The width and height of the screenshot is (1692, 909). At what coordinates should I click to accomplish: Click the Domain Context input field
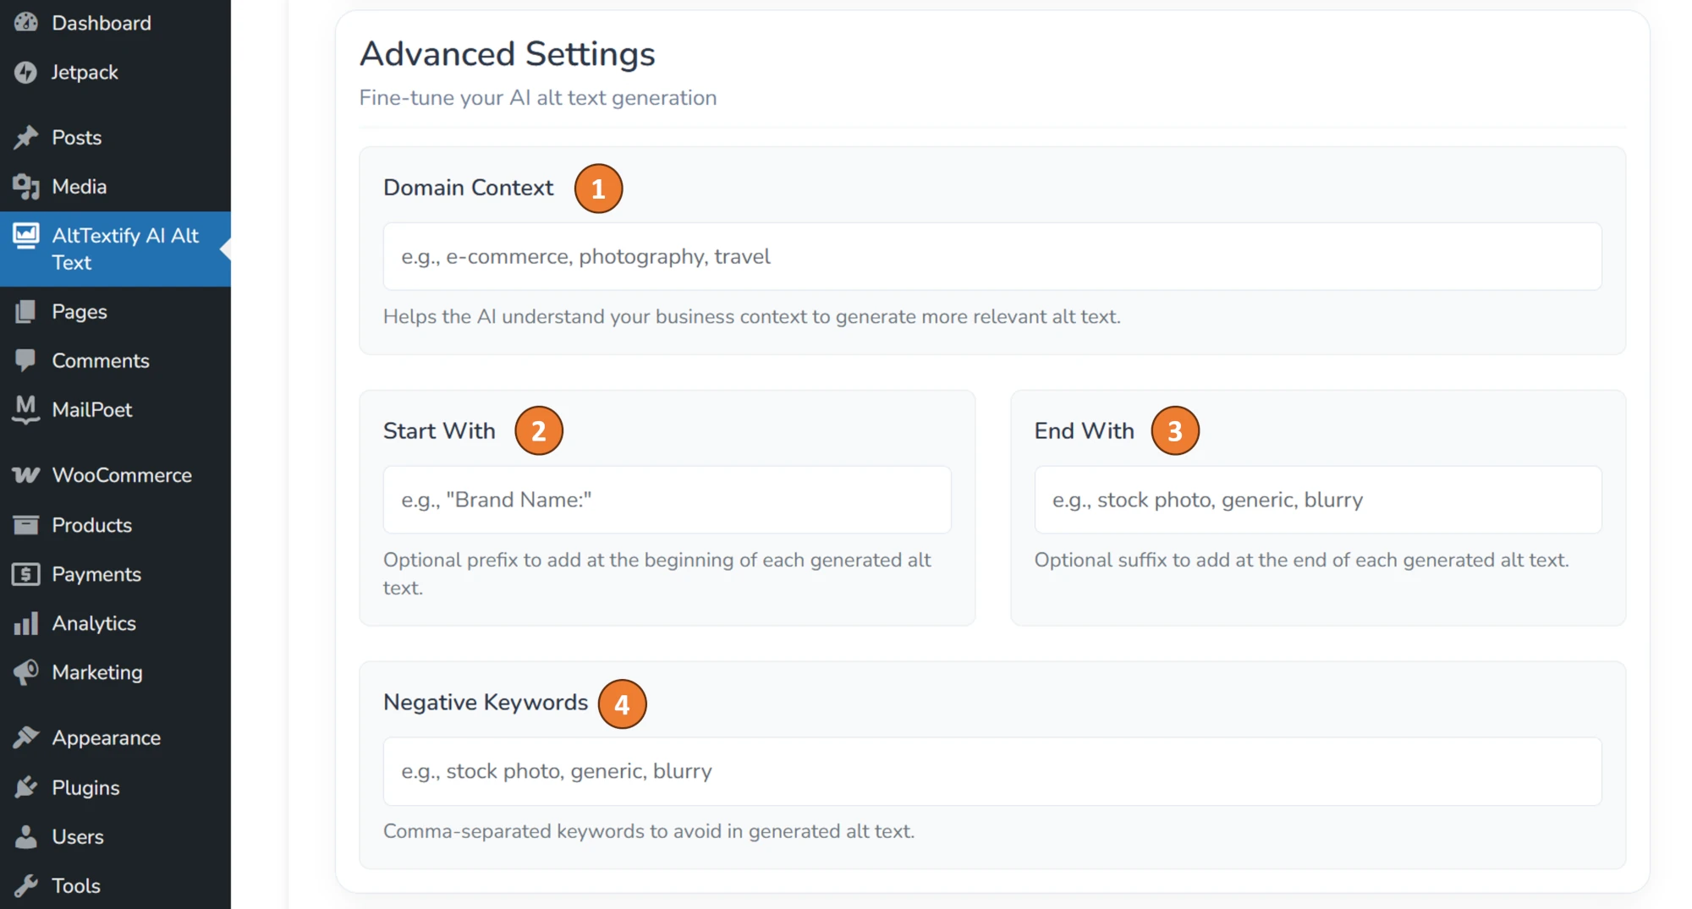[992, 256]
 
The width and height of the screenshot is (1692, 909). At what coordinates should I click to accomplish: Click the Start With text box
[667, 500]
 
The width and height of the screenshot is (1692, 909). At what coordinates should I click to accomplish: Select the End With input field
[1317, 500]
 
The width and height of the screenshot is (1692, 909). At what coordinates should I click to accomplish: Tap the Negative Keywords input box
[992, 771]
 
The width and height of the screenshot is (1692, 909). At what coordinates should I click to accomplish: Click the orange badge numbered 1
[598, 189]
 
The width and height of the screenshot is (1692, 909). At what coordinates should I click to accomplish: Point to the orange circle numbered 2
[539, 431]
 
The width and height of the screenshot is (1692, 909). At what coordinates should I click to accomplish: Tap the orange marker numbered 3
[1174, 431]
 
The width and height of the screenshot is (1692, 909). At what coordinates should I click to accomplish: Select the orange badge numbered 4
[622, 704]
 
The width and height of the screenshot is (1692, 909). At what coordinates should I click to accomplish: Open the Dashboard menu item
[101, 23]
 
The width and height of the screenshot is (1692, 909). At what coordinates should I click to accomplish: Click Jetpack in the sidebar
[85, 72]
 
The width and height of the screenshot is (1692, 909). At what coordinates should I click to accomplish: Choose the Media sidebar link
[79, 186]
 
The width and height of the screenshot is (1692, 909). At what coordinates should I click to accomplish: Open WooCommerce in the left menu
[122, 475]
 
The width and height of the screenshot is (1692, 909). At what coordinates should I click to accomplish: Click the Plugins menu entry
[85, 787]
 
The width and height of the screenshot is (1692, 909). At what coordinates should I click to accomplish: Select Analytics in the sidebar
[94, 623]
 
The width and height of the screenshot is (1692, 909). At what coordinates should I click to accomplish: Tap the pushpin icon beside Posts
[26, 137]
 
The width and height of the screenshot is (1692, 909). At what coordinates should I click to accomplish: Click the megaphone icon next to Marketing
[26, 672]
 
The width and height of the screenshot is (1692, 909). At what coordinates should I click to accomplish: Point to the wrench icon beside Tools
[26, 885]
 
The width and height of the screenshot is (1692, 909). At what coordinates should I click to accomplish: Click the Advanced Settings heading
[507, 54]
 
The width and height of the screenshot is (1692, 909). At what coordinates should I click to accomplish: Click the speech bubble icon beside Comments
[26, 360]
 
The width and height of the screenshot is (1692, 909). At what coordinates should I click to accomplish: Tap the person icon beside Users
[26, 836]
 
